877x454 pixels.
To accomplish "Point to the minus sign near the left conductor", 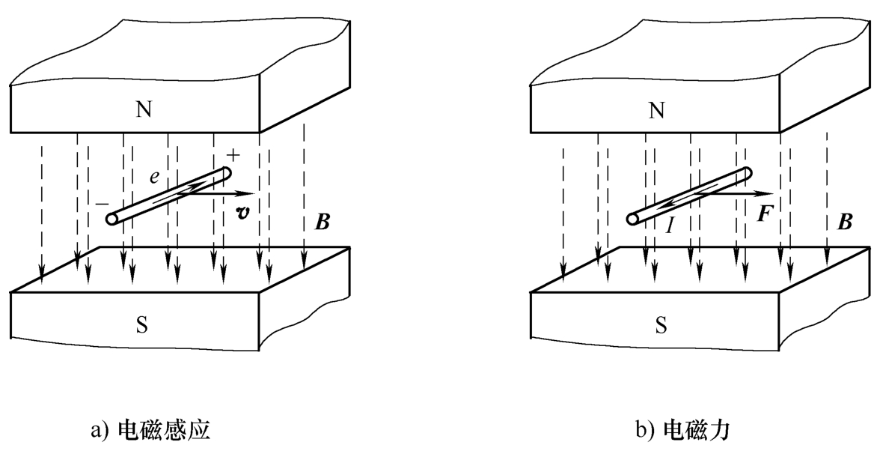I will pos(100,203).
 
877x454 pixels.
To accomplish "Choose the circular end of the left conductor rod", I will pos(111,220).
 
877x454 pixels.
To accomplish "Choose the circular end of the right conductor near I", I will pos(632,220).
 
